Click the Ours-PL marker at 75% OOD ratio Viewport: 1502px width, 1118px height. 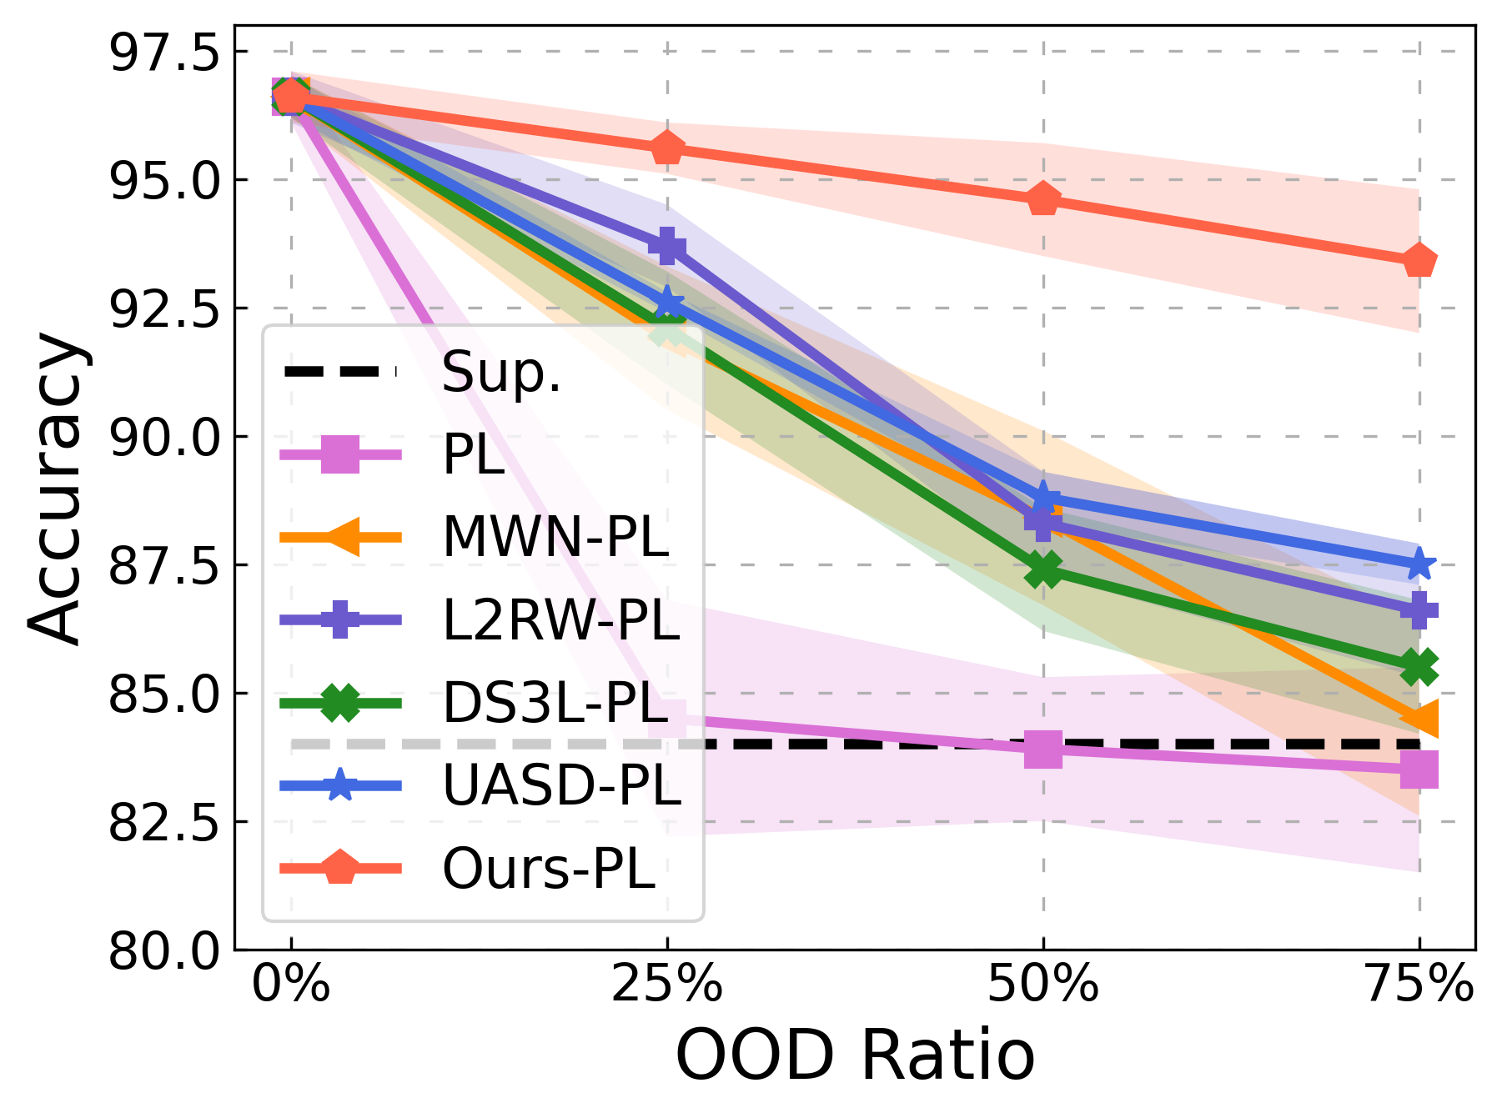click(x=1419, y=262)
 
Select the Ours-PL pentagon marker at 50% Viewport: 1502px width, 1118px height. click(x=1042, y=199)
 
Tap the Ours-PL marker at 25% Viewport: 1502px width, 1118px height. click(x=666, y=149)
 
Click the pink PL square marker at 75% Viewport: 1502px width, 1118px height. click(x=1419, y=769)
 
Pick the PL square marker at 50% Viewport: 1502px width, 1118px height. click(x=1042, y=749)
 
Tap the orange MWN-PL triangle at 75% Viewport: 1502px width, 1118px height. click(x=1419, y=718)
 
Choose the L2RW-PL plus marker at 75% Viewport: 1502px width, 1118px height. click(x=1419, y=609)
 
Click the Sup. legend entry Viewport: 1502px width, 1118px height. click(x=501, y=372)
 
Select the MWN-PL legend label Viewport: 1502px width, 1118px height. click(x=555, y=537)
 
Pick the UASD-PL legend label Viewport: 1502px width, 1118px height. click(x=561, y=785)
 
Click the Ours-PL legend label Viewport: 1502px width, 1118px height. click(x=549, y=869)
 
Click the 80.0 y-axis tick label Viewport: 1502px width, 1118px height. click(x=163, y=950)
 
